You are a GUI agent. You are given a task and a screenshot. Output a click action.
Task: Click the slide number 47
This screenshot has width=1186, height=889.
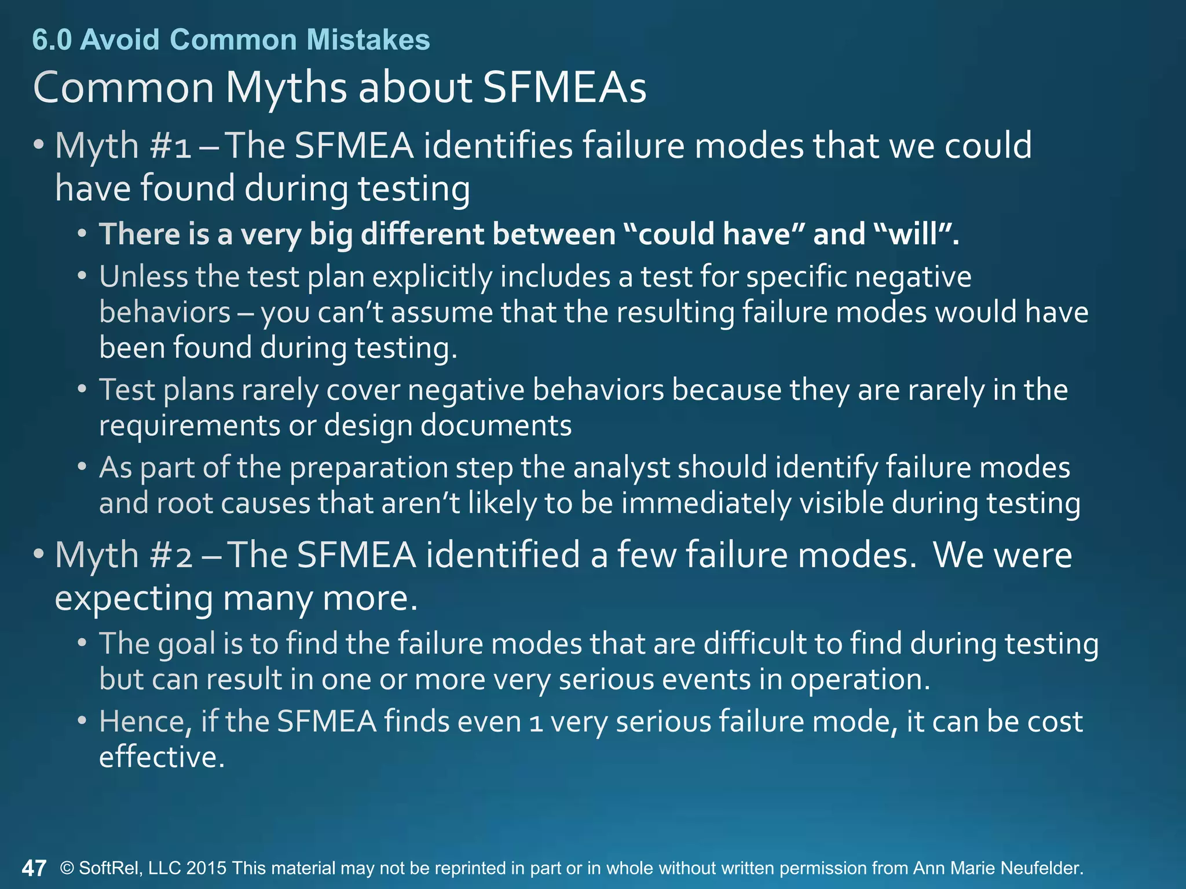34,868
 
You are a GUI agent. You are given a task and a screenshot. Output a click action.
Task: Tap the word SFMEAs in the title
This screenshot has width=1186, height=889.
564,88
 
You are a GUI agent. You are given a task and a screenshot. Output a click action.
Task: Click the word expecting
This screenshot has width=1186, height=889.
134,598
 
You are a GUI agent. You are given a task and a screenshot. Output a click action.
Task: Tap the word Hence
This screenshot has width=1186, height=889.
145,722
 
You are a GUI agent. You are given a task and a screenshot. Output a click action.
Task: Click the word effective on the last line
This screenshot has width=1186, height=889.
161,757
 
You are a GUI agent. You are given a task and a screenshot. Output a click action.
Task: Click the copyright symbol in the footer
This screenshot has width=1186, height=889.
67,868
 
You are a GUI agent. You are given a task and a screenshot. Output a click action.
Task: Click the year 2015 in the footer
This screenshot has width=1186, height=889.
206,868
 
